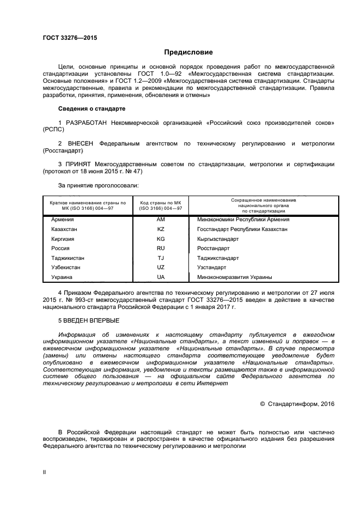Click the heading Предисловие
tap(188, 52)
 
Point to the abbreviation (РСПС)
tap(53, 131)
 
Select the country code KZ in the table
tap(161, 229)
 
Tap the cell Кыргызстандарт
tap(218, 239)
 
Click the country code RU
tap(161, 248)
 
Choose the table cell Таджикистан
tap(68, 258)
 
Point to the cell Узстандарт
tap(211, 268)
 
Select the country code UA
tap(161, 277)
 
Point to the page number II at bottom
tap(44, 472)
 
